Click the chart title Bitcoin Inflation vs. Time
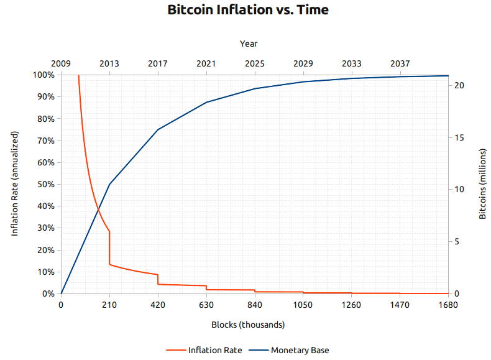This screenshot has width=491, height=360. [248, 11]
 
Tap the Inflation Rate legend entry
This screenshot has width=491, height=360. [215, 350]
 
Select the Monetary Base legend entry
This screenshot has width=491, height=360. [300, 350]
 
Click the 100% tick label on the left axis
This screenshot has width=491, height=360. [44, 75]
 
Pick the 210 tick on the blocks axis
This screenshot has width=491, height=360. [109, 305]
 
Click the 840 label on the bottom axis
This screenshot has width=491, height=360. [255, 305]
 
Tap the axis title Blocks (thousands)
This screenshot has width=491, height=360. [248, 325]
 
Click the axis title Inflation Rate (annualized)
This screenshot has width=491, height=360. [15, 183]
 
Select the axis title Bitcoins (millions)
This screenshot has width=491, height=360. [483, 183]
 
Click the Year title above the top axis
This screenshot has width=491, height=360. [249, 44]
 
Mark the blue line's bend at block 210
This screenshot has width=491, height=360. [109, 184]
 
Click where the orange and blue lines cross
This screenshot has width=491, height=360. [98, 210]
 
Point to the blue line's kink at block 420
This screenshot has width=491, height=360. [158, 129]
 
